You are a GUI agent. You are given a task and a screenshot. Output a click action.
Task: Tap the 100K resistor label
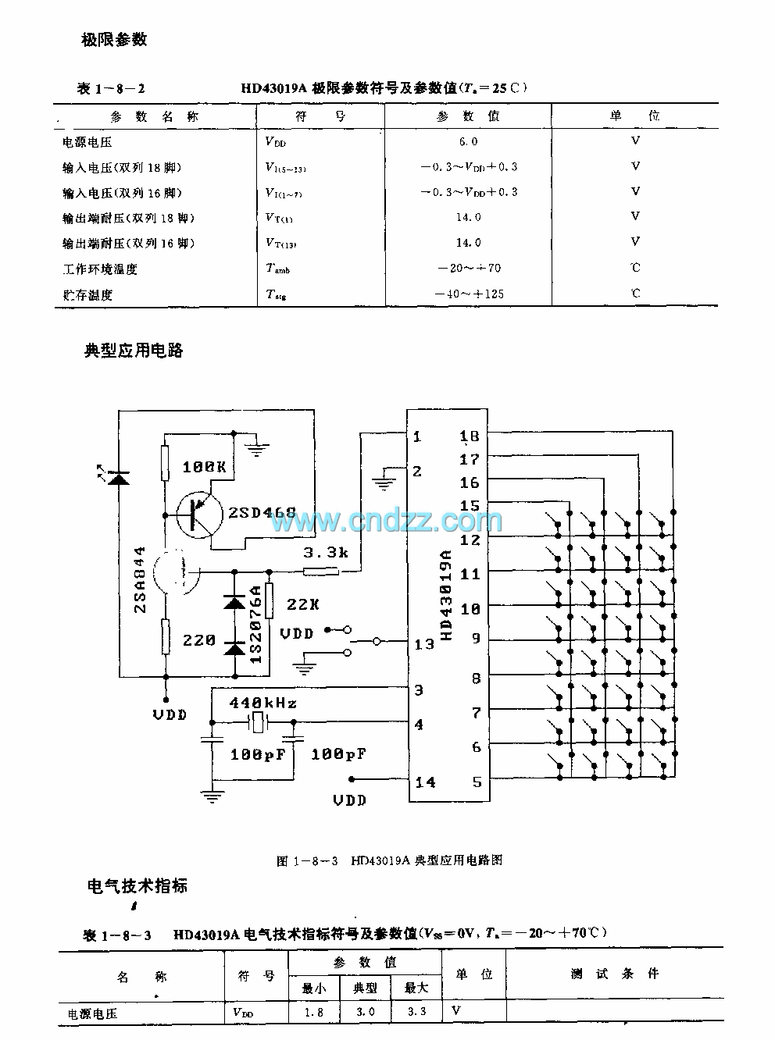204,467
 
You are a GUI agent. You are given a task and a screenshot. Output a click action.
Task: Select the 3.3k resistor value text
327,553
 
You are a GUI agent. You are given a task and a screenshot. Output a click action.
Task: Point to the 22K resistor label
303,604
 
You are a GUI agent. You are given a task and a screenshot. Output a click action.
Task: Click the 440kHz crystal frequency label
262,703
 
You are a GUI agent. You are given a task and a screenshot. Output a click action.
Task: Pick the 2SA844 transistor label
141,579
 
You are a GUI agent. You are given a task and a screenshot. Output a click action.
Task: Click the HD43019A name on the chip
447,593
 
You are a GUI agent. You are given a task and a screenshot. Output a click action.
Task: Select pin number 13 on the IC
424,644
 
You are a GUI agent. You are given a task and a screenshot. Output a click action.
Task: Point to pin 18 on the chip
470,436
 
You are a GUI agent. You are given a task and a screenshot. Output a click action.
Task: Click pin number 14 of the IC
424,782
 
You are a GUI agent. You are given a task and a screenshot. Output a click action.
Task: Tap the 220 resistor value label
199,640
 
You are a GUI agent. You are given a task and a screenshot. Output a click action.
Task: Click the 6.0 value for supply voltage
468,141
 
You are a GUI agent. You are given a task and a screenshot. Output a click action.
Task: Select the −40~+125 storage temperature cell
469,294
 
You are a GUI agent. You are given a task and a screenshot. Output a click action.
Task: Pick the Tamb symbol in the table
277,269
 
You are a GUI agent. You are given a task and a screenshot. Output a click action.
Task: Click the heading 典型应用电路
134,351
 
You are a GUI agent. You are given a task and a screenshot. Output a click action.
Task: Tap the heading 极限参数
115,40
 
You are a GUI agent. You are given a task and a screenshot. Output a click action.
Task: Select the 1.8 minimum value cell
314,1012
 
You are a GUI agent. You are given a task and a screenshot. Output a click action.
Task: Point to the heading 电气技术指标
137,886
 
